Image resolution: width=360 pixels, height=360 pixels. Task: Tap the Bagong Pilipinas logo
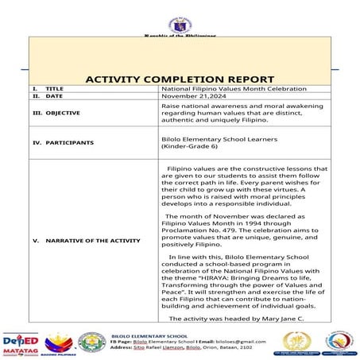(59, 343)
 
